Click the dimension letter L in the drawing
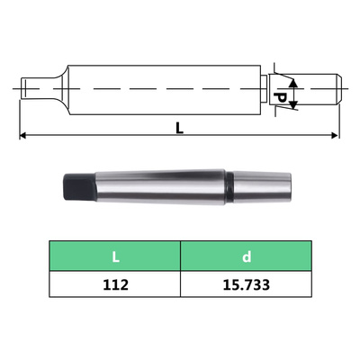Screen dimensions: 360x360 [x=180, y=128]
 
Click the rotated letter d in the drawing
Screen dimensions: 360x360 [x=280, y=94]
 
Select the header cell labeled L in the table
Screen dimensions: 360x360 [x=115, y=256]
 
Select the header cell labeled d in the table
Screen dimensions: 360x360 [x=247, y=256]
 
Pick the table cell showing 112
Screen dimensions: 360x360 [x=115, y=285]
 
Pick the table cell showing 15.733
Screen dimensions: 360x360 [x=247, y=285]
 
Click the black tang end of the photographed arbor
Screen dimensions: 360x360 [x=76, y=188]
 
